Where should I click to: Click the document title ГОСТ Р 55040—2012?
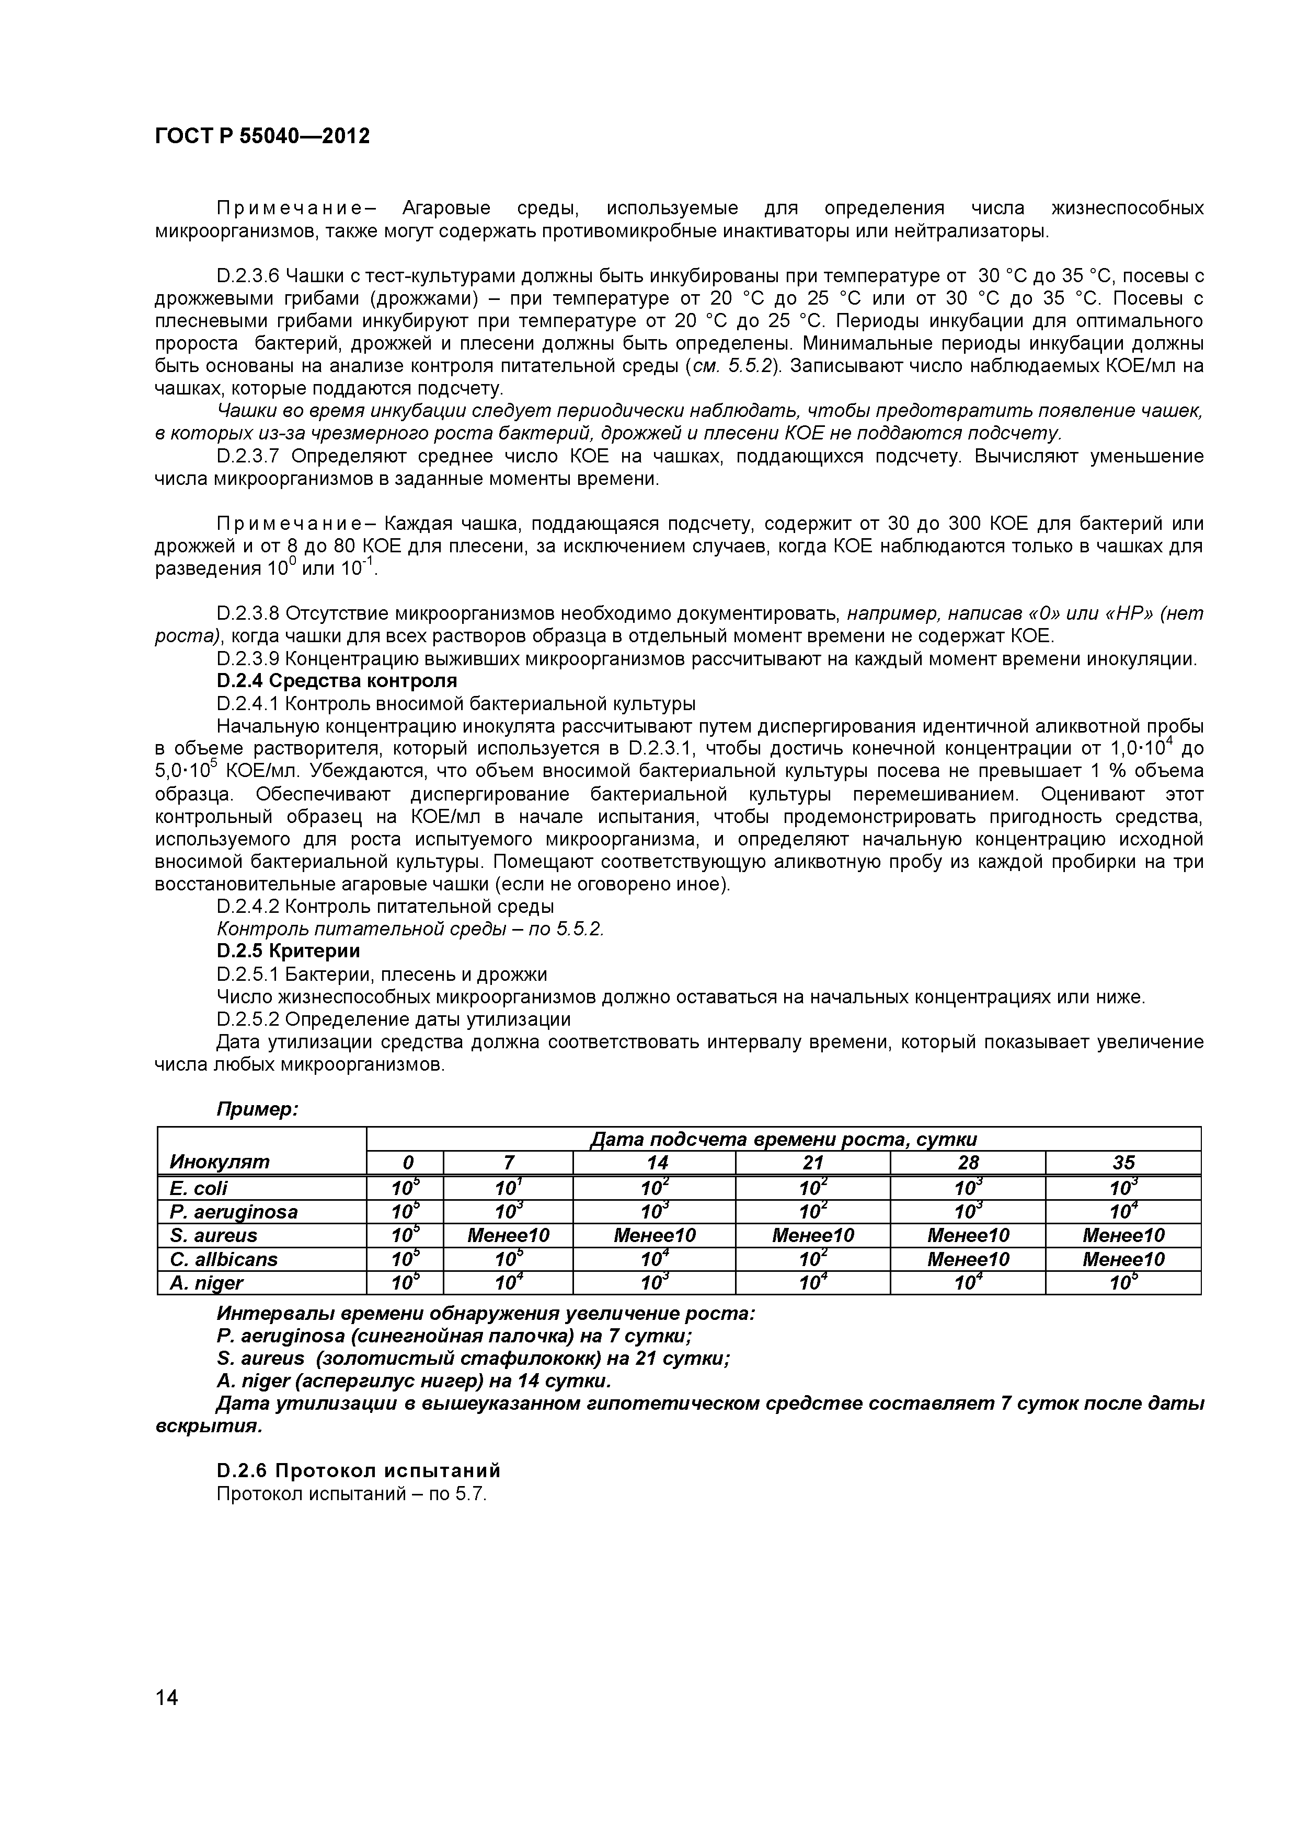(262, 136)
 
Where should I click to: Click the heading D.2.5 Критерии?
(289, 951)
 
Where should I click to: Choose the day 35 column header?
(1123, 1163)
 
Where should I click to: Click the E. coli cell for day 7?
(508, 1188)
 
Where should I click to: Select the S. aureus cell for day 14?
(654, 1236)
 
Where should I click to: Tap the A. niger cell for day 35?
(1123, 1283)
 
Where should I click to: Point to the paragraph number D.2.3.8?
(248, 614)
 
